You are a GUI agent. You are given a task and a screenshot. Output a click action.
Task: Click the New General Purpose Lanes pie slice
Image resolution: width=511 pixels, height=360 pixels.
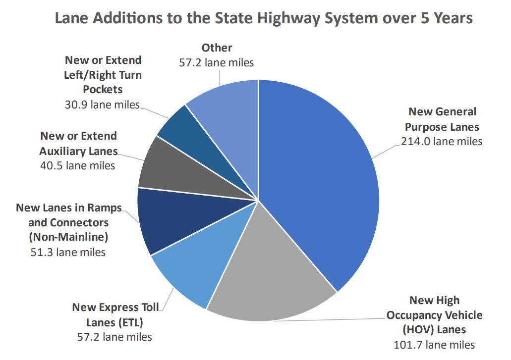pyautogui.click(x=317, y=183)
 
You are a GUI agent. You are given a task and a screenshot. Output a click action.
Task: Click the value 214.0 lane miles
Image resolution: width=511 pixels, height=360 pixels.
pyautogui.click(x=441, y=141)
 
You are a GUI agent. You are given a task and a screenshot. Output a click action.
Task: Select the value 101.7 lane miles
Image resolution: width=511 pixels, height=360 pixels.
pyautogui.click(x=434, y=345)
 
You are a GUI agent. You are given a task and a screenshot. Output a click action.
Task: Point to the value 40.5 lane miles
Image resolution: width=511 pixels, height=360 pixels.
pyautogui.click(x=77, y=165)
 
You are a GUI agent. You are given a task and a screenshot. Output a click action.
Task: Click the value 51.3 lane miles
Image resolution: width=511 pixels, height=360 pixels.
pyautogui.click(x=68, y=252)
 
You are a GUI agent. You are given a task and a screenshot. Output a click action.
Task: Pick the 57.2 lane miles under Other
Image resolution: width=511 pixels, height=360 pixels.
pyautogui.click(x=216, y=62)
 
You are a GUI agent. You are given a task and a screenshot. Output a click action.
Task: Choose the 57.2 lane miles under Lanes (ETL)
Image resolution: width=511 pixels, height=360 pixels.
pyautogui.click(x=114, y=337)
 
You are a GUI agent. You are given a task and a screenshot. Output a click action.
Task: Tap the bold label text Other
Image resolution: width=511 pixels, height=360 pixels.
pyautogui.click(x=217, y=48)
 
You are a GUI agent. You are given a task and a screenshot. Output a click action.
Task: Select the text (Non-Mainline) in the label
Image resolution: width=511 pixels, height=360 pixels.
pyautogui.click(x=68, y=237)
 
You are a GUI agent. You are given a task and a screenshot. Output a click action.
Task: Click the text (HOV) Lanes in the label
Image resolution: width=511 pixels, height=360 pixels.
pyautogui.click(x=434, y=329)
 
